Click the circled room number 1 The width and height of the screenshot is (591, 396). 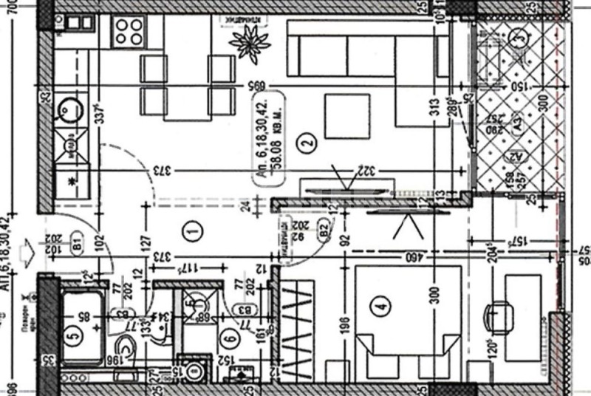point(193,232)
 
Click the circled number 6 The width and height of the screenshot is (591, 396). point(230,340)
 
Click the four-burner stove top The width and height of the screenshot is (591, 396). point(129,30)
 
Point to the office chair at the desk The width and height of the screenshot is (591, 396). point(498,314)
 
